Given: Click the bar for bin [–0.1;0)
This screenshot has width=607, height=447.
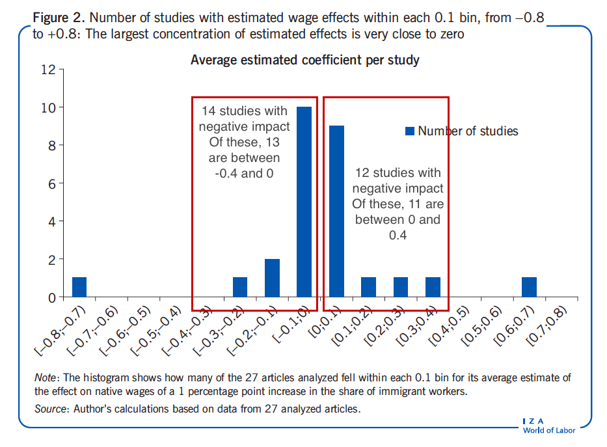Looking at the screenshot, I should tap(304, 202).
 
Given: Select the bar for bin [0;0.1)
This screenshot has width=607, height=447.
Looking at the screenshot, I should tap(336, 211).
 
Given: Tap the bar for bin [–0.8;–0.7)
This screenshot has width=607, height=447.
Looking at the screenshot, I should tap(79, 287).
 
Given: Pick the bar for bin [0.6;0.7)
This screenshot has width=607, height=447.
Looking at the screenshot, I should tap(529, 287).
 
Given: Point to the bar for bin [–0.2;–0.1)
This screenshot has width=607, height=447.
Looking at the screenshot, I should tap(272, 278).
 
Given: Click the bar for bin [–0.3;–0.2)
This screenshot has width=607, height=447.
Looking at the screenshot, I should tap(240, 287).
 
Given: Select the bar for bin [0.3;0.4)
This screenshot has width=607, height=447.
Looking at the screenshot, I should tap(433, 287).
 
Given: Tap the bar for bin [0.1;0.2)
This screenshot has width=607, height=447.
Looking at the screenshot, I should tap(368, 287).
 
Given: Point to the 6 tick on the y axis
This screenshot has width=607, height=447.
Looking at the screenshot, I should tap(51, 183).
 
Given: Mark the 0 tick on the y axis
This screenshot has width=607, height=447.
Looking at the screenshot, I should tap(51, 297).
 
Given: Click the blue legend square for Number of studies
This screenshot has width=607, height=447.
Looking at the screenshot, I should tap(409, 131).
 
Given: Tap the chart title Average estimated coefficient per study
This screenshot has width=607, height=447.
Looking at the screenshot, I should tap(304, 61).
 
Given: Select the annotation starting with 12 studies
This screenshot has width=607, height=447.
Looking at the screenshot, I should tap(398, 204).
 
